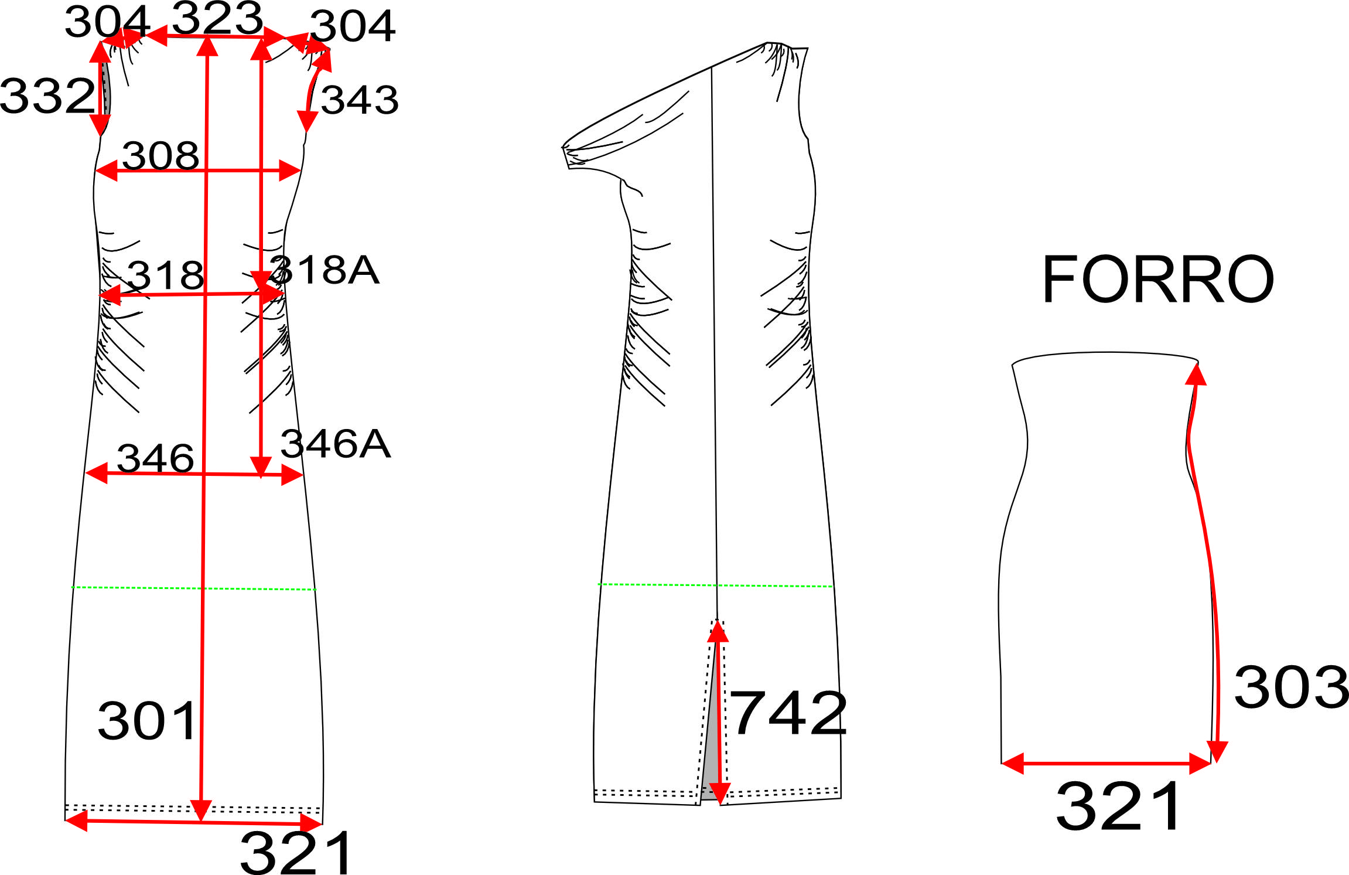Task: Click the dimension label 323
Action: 217,18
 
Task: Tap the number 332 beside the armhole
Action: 47,96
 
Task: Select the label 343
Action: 360,100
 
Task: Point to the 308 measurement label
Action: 160,156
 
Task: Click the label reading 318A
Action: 324,270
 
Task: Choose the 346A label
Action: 335,444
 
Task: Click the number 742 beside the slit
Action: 788,713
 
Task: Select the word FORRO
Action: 1157,280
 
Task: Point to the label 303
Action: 1291,687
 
